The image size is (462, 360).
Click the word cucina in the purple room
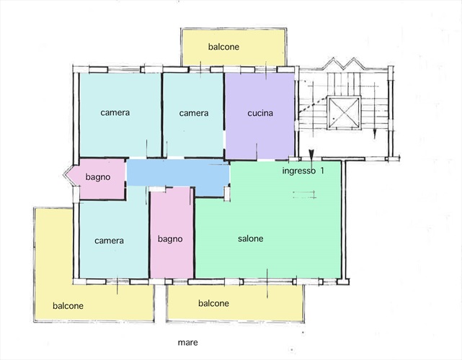coord(260,113)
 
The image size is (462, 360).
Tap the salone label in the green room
coord(250,238)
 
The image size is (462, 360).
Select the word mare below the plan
coord(187,342)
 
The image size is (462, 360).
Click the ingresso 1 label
coord(303,171)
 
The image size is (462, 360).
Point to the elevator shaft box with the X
coord(344,113)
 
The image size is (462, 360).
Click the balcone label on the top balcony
coord(223,47)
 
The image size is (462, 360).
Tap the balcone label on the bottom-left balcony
coord(68,306)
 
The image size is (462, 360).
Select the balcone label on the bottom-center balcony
coord(213,303)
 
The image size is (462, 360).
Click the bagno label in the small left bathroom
coord(98,177)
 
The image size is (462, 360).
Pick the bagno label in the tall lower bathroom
coord(170,239)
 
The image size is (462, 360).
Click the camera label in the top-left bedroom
coord(115,112)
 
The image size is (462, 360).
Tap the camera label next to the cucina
coord(194,113)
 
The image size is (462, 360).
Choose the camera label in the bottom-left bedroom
coord(109,240)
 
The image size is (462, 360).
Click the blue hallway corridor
coord(178,173)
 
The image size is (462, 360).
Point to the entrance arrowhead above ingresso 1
coord(311,153)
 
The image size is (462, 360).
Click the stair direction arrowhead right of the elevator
coord(375,135)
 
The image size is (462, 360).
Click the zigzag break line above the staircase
coord(343,63)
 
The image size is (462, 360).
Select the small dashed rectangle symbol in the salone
coord(304,194)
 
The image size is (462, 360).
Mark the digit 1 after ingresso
coord(322,171)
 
